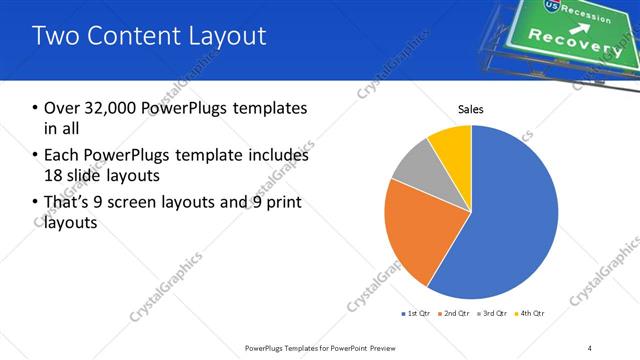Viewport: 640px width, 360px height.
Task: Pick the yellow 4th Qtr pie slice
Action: click(x=453, y=145)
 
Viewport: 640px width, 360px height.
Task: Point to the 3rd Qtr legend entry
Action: click(x=491, y=314)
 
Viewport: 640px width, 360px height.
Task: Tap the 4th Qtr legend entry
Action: click(x=529, y=314)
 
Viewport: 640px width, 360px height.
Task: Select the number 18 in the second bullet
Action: click(x=53, y=175)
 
